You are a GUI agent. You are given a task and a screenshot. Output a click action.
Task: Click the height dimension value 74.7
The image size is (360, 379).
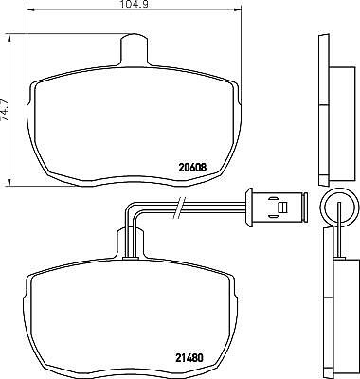click(x=5, y=109)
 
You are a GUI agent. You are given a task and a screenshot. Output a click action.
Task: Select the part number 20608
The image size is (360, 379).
click(x=192, y=168)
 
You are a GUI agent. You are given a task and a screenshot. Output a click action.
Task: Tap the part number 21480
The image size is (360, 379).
click(x=189, y=358)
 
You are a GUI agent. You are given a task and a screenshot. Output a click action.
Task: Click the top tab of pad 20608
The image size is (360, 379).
click(x=135, y=49)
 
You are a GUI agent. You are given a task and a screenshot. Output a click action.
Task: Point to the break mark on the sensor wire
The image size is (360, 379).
click(x=179, y=208)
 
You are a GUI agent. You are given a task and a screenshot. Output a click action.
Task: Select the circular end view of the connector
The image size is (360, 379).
click(x=339, y=207)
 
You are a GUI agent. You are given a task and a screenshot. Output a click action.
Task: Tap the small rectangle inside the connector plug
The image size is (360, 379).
click(x=282, y=208)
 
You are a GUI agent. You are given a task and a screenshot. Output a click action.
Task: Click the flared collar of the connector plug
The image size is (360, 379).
click(x=249, y=208)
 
